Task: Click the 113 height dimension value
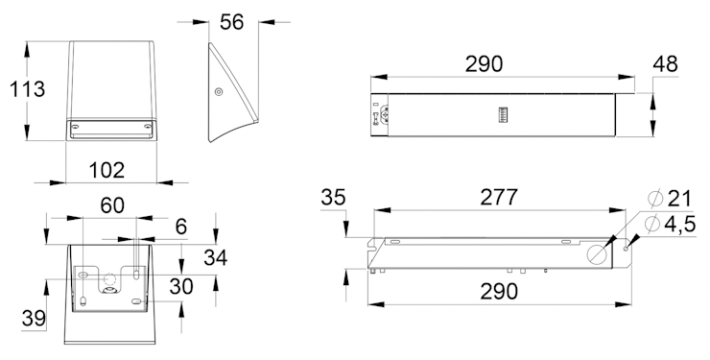pyautogui.click(x=28, y=89)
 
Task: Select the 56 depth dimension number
pyautogui.click(x=232, y=22)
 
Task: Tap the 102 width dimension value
pyautogui.click(x=106, y=170)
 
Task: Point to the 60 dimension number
pyautogui.click(x=112, y=205)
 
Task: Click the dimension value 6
pyautogui.click(x=181, y=227)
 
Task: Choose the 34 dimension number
pyautogui.click(x=216, y=257)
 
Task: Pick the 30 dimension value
pyautogui.click(x=181, y=286)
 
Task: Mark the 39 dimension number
pyautogui.click(x=34, y=319)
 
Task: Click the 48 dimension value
pyautogui.click(x=665, y=64)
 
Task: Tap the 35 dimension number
pyautogui.click(x=333, y=198)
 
